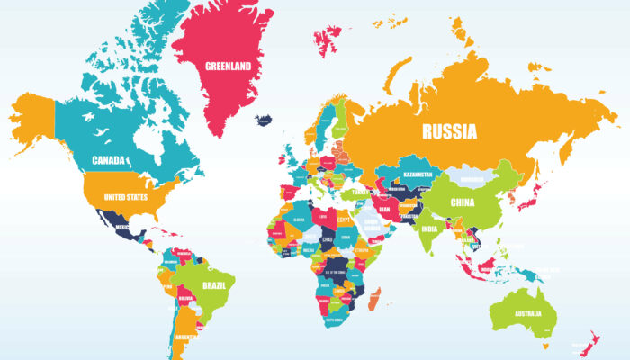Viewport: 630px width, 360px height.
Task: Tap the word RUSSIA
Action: click(x=451, y=131)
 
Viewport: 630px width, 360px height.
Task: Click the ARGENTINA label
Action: click(x=187, y=337)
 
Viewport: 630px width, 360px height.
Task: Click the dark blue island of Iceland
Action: click(x=264, y=120)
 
